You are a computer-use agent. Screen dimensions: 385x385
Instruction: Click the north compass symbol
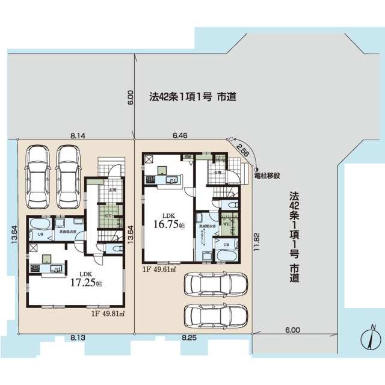(x=369, y=339)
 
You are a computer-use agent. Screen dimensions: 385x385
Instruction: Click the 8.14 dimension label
(x=76, y=137)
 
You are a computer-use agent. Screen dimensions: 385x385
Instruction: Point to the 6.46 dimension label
(x=180, y=137)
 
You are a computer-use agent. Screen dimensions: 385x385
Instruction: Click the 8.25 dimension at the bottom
(x=190, y=338)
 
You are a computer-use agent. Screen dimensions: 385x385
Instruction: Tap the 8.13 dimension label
(x=78, y=338)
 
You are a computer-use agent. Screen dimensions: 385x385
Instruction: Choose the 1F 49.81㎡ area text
(x=106, y=313)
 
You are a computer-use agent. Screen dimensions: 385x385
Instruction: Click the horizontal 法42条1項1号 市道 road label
(x=192, y=96)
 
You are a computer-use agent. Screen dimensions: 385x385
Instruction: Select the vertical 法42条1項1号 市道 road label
(x=294, y=237)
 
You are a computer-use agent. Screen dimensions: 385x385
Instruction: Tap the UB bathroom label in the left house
(x=40, y=235)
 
